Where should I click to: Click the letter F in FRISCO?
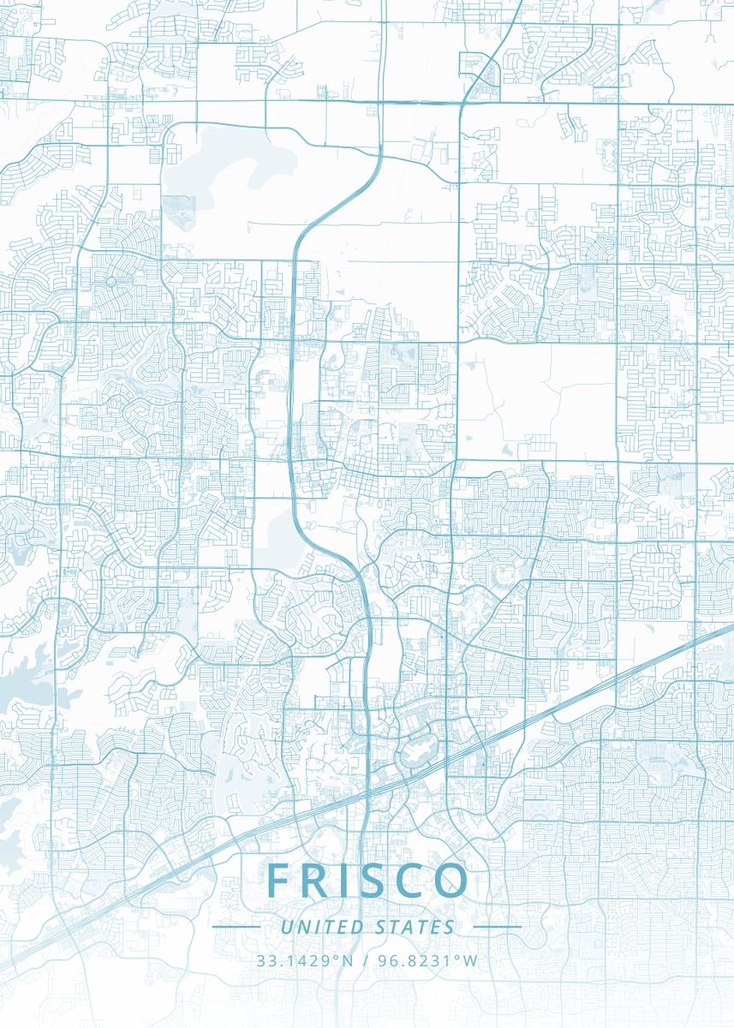tap(278, 881)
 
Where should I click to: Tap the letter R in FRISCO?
tap(316, 881)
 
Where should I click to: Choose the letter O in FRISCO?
tap(452, 881)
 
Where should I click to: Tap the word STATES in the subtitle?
tap(415, 927)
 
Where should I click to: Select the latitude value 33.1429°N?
tap(305, 960)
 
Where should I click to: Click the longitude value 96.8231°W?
tap(427, 960)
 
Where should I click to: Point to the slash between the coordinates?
tap(366, 960)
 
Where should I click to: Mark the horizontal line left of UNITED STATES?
tap(236, 927)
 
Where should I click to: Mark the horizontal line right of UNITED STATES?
tap(497, 927)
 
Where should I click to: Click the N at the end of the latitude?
tap(348, 960)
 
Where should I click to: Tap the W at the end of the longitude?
tap(471, 960)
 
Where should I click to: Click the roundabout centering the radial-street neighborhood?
tap(110, 281)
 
